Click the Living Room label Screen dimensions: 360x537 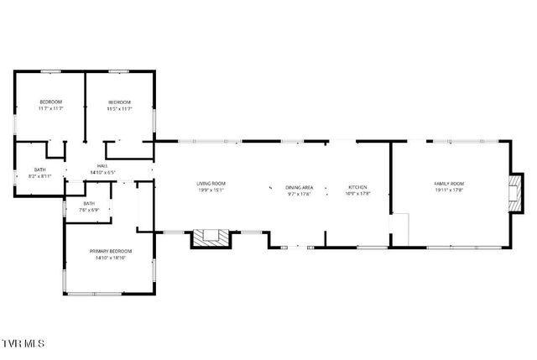[x=211, y=184]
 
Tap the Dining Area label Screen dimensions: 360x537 [x=299, y=187]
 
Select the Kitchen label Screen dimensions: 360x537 [x=357, y=187]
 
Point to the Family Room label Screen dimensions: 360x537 [x=449, y=184]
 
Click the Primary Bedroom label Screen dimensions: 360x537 [x=111, y=250]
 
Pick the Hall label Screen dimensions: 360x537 [x=102, y=166]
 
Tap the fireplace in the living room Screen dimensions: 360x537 [x=211, y=238]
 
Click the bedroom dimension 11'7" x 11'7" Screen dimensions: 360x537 [x=50, y=108]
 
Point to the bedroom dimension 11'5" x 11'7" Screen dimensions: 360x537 [x=119, y=108]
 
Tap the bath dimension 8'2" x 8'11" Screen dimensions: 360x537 [x=40, y=176]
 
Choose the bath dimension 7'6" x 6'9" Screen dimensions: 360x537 [x=89, y=210]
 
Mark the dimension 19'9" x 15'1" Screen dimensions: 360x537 [x=211, y=190]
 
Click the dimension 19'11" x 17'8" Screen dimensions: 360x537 [x=449, y=190]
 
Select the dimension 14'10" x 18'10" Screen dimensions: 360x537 [x=111, y=258]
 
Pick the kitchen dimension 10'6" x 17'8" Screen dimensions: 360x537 [x=357, y=194]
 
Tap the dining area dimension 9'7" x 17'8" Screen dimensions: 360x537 [x=299, y=194]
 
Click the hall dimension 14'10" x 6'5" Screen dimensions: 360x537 [x=102, y=173]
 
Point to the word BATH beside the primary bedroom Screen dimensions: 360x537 [x=89, y=203]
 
